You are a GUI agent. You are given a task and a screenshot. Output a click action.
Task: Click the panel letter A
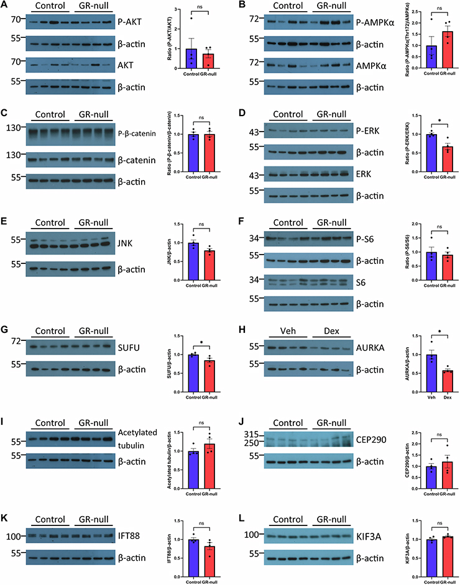point(4,6)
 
